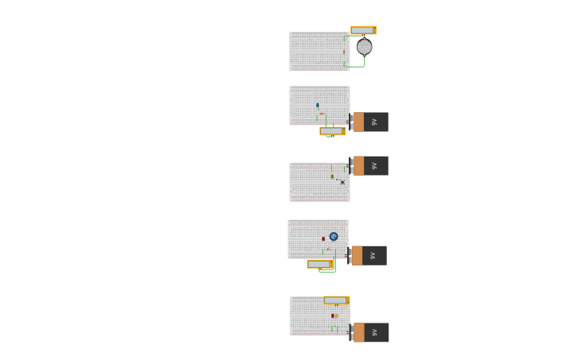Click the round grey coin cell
click(364, 47)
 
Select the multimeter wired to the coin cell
click(363, 30)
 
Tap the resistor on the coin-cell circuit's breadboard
click(344, 52)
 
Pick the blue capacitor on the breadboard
click(318, 105)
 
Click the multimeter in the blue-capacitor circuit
click(332, 131)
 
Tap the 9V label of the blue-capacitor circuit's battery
click(374, 122)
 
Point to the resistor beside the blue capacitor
click(322, 114)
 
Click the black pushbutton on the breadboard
click(342, 182)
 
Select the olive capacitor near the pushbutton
click(332, 176)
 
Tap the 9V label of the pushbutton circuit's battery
click(374, 165)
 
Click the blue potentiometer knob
click(334, 236)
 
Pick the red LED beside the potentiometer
click(323, 238)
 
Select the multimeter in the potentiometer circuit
click(319, 264)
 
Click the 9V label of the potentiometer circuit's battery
click(373, 255)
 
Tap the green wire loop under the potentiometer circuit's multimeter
click(327, 272)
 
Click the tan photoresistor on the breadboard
click(336, 315)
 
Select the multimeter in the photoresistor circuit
click(336, 300)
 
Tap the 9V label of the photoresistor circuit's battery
click(375, 332)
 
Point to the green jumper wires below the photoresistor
click(334, 328)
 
